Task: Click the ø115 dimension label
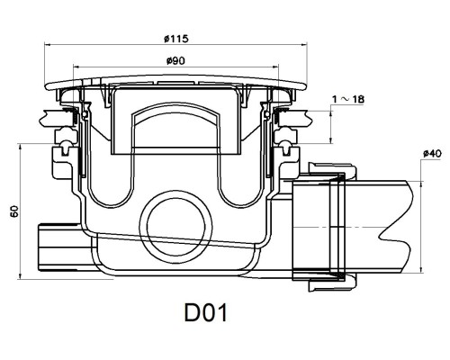(x=176, y=39)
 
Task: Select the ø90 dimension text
(x=175, y=61)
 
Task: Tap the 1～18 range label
(x=348, y=99)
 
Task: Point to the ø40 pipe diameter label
(x=432, y=154)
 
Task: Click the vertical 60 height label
(x=14, y=211)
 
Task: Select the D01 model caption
(x=206, y=313)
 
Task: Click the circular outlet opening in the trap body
(x=176, y=227)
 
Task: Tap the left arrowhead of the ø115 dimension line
(x=47, y=44)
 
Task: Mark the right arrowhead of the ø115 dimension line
(x=305, y=44)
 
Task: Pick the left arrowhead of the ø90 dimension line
(x=76, y=67)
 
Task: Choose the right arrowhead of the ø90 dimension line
(x=276, y=67)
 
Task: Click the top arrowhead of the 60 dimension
(x=20, y=147)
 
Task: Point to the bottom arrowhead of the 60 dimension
(x=20, y=276)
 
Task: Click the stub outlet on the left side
(x=58, y=247)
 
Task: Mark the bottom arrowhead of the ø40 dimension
(x=421, y=270)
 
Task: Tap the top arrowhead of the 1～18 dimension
(x=331, y=114)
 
